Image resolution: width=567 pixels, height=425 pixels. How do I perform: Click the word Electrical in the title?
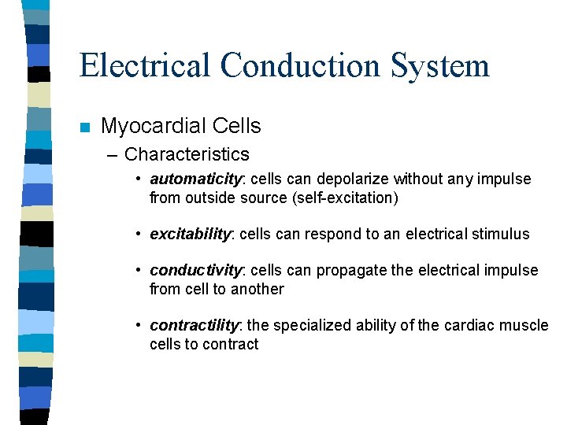pyautogui.click(x=144, y=65)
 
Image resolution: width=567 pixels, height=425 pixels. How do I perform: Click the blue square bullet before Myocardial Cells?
pyautogui.click(x=85, y=127)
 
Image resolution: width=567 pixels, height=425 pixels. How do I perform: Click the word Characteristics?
pyautogui.click(x=187, y=154)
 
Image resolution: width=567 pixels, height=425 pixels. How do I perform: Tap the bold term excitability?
pyautogui.click(x=191, y=235)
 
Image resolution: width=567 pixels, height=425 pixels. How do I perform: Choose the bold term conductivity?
pyautogui.click(x=195, y=271)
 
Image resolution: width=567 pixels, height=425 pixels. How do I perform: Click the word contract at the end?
pyautogui.click(x=231, y=345)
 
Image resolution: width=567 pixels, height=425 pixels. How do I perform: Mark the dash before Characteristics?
pyautogui.click(x=114, y=155)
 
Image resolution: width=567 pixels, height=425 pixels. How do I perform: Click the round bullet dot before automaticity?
pyautogui.click(x=138, y=179)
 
